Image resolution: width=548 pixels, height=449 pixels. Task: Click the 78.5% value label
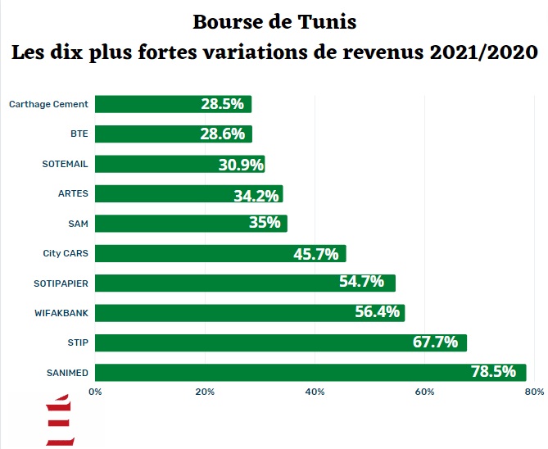tap(493, 372)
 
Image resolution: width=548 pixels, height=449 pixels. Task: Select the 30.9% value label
tap(241, 164)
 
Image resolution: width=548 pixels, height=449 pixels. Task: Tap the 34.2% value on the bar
tap(256, 194)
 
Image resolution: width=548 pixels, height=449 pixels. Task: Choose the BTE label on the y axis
tap(79, 134)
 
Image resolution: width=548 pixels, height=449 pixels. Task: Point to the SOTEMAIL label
tap(65, 164)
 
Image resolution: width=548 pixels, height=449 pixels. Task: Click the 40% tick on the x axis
tap(315, 392)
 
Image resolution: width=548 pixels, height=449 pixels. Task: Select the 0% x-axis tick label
tap(95, 392)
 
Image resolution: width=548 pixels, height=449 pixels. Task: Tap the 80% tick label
tap(533, 392)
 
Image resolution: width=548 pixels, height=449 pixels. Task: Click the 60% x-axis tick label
tap(424, 392)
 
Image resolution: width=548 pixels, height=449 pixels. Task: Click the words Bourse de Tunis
tap(274, 20)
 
